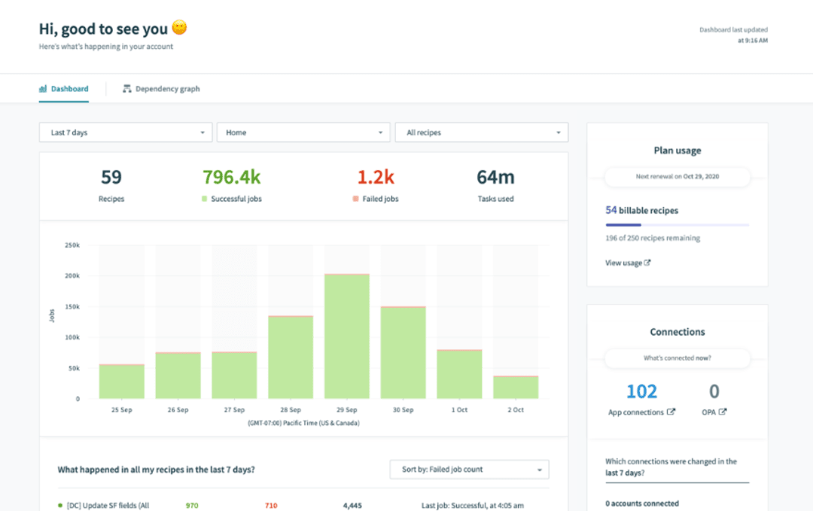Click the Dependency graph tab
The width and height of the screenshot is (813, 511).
tap(161, 89)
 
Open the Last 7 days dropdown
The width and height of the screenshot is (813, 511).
tap(126, 132)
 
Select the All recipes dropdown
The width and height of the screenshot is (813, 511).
tap(481, 132)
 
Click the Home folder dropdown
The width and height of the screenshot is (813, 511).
tap(303, 132)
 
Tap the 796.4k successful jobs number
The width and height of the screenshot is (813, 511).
tap(231, 178)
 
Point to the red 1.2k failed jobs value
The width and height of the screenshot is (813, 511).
tap(376, 178)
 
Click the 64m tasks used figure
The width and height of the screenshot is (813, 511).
tap(495, 178)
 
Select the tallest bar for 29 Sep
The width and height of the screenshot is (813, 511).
tap(347, 336)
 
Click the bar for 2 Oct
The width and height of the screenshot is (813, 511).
tap(516, 387)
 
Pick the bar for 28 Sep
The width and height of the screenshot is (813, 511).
tap(291, 357)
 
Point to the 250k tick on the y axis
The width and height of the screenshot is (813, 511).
tap(72, 245)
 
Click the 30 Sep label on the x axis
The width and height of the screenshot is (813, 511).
tap(403, 410)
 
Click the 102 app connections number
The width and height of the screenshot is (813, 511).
tap(641, 391)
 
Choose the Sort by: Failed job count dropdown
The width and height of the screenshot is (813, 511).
tap(469, 470)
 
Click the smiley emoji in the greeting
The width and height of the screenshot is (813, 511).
tap(179, 29)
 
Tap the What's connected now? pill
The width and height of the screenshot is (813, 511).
tap(677, 358)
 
